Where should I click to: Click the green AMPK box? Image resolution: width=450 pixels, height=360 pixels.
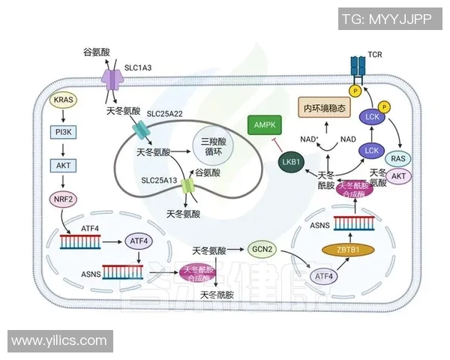coord(265,125)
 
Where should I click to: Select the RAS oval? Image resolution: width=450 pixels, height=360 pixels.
coord(398,157)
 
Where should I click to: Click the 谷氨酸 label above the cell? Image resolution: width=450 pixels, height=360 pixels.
coord(97,52)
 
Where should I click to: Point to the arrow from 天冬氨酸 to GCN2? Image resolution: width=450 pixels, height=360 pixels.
coord(233,250)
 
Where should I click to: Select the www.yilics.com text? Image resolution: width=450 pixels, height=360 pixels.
coord(59,340)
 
